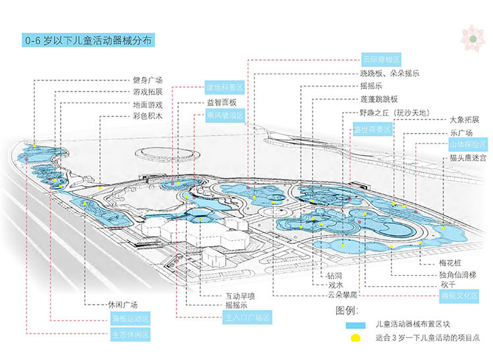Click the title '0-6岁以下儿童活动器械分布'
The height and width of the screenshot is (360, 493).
88,41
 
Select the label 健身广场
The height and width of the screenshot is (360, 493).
147,80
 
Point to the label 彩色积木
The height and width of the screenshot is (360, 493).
147,116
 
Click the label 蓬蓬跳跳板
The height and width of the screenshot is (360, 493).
379,99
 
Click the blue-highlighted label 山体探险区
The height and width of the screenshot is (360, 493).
467,144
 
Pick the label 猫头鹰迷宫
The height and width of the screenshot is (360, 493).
468,159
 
